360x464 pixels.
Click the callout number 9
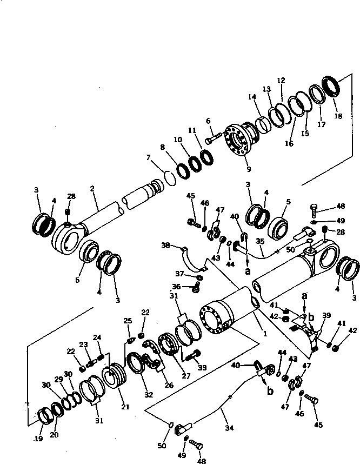[248, 169]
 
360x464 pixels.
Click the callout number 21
[125, 407]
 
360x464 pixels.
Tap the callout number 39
[326, 315]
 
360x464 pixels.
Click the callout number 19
[38, 439]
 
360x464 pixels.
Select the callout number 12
[281, 81]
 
